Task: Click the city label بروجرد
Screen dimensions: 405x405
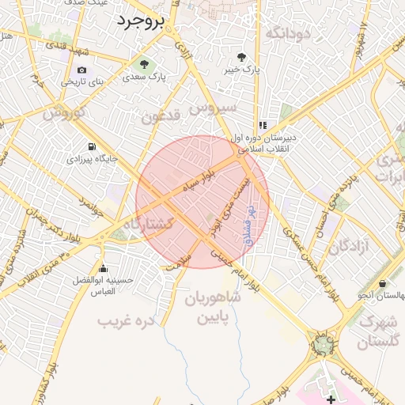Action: (140, 21)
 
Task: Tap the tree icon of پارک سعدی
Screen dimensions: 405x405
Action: (144, 64)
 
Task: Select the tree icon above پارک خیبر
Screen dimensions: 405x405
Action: (241, 57)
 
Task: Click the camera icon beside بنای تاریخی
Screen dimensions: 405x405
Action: (81, 70)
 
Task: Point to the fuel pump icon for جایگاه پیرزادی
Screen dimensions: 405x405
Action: (93, 146)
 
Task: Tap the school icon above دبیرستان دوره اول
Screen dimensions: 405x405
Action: (263, 125)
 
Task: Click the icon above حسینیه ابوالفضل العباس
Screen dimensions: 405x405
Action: (102, 268)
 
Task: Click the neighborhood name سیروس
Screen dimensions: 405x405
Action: (214, 107)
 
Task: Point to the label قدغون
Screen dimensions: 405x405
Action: (161, 116)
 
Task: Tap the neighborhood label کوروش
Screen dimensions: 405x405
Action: (63, 113)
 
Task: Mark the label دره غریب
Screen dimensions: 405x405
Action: (124, 321)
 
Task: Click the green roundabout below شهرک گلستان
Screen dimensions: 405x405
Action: (323, 345)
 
